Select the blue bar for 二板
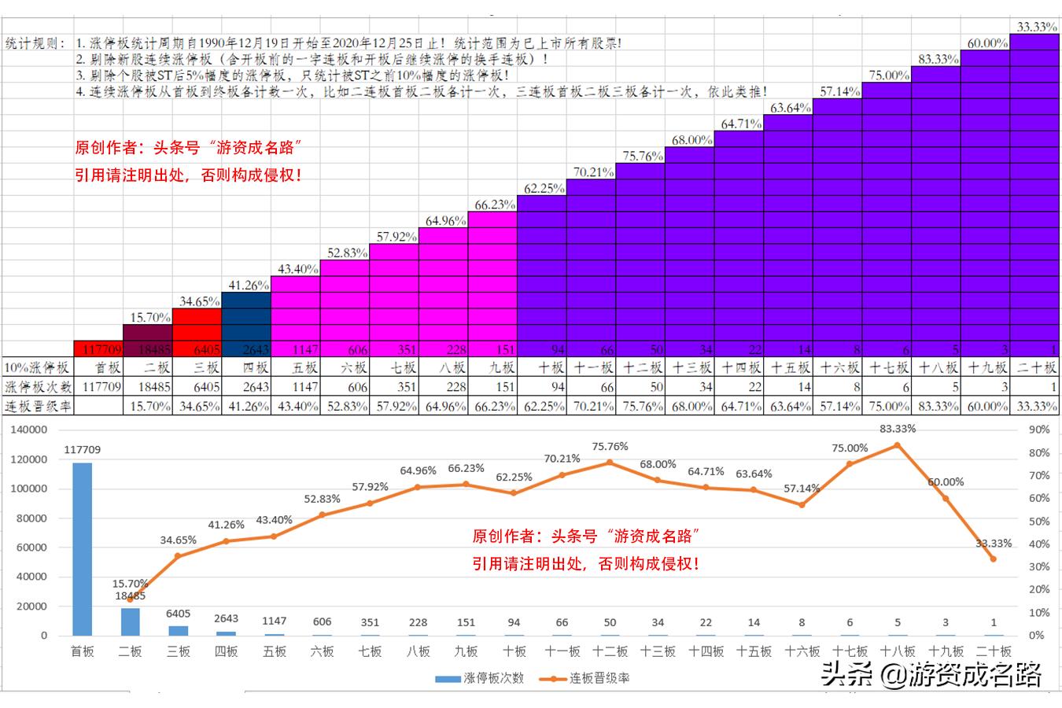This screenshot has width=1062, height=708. tap(131, 621)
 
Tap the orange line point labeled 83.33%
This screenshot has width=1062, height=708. tap(898, 445)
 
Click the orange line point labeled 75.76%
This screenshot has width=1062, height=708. tap(610, 463)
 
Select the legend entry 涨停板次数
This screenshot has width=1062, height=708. tap(480, 678)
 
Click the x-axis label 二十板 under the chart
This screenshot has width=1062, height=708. tap(994, 651)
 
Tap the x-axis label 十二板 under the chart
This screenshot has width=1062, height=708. tap(610, 651)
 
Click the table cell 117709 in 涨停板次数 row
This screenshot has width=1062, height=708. tap(101, 387)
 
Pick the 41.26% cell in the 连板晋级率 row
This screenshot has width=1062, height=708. tap(247, 406)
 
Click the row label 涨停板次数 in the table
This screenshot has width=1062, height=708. tap(39, 387)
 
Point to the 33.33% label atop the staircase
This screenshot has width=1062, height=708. tap(1036, 27)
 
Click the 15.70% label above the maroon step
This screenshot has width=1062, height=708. tap(149, 317)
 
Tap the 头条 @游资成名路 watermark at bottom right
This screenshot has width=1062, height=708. tap(931, 675)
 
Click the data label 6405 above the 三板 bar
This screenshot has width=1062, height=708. tap(179, 614)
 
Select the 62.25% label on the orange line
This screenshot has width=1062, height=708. tap(514, 477)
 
